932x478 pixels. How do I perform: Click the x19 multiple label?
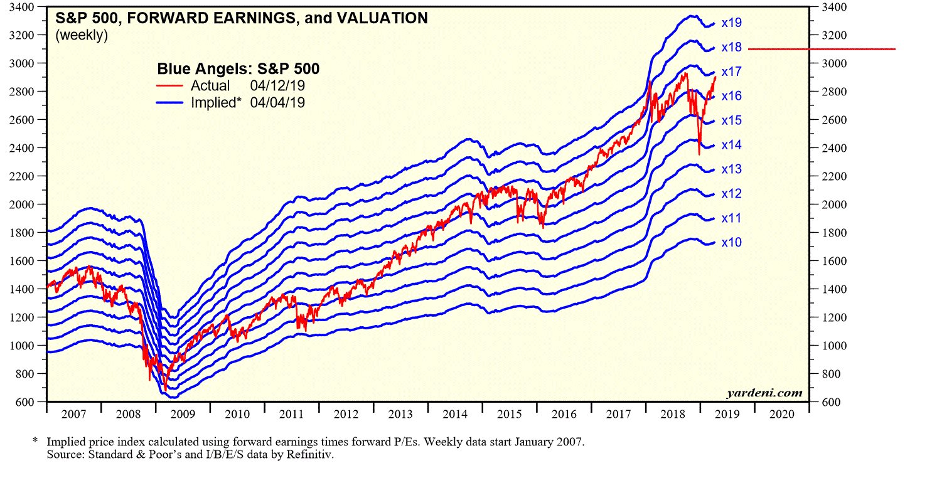pos(731,23)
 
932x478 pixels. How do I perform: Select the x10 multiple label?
pos(731,242)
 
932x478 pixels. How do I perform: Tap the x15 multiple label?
pos(731,120)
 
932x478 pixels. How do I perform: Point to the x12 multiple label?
pos(731,194)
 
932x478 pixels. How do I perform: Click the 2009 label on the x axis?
pos(183,415)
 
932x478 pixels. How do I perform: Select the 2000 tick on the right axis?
pos(828,204)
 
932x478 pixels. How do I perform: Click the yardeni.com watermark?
pos(764,393)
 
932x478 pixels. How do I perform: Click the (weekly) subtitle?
pos(82,36)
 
